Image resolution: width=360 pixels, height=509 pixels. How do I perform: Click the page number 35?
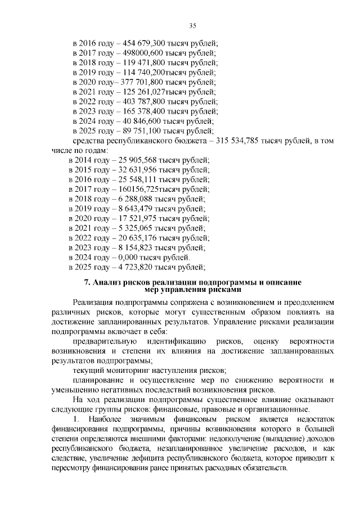click(192, 25)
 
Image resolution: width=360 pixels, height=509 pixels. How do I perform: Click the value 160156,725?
click(137, 189)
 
